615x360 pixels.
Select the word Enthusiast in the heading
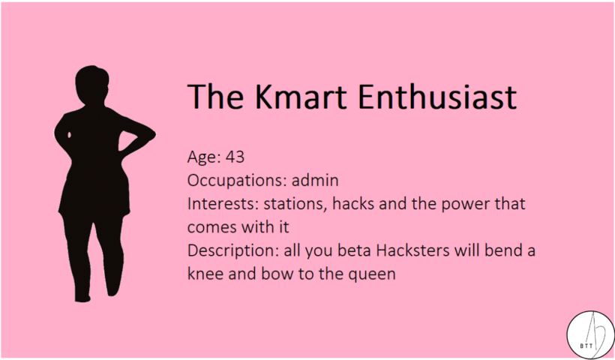click(437, 97)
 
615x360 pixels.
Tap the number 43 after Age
click(235, 157)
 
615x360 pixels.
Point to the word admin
click(315, 181)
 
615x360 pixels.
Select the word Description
click(233, 251)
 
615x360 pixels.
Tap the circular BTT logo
click(591, 334)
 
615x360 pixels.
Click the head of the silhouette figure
click(91, 85)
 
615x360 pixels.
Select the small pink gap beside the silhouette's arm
click(70, 135)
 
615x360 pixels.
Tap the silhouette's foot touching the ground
click(82, 298)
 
